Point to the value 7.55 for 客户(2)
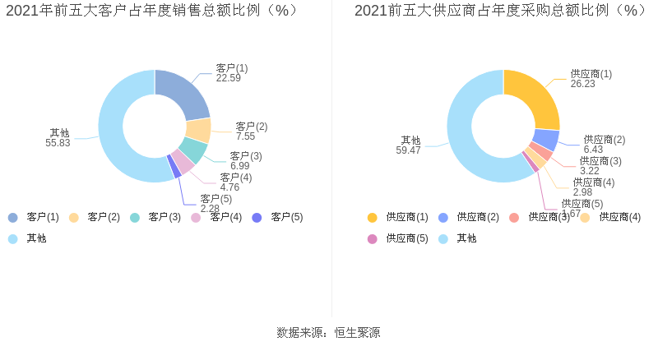click(247, 136)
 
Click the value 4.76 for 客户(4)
click(230, 187)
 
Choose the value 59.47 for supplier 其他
click(408, 150)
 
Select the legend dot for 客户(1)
click(13, 217)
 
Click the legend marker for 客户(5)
click(257, 217)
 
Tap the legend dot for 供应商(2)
click(443, 217)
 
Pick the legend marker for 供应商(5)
click(373, 238)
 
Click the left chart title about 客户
click(152, 11)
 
